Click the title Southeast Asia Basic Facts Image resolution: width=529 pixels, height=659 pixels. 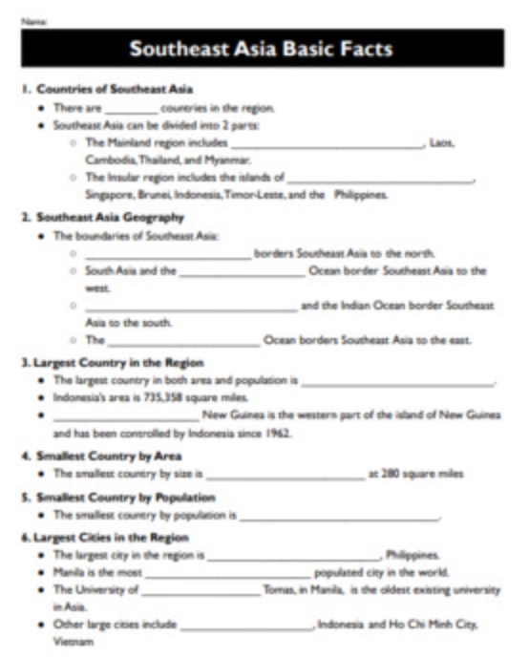tap(261, 48)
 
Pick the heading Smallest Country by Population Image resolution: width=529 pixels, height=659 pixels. tap(125, 498)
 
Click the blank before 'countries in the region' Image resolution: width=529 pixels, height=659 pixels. tap(130, 109)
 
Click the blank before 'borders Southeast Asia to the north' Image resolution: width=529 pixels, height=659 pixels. tap(167, 254)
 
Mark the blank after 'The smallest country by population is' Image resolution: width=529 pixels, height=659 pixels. tap(340, 516)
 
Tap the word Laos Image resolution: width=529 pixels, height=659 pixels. tap(442, 142)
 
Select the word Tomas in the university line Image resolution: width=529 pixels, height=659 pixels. tap(278, 590)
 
